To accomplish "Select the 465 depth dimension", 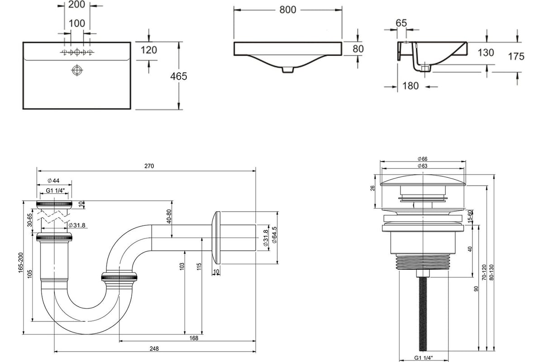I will pos(178,76).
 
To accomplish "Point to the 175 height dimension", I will pos(516,57).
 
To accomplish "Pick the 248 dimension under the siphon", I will pos(154,348).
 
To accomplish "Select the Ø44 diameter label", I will pos(53,181).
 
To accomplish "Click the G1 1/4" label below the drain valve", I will pos(423,358).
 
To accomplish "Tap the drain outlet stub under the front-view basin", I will pos(288,69).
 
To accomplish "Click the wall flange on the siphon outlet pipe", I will pos(216,237).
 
